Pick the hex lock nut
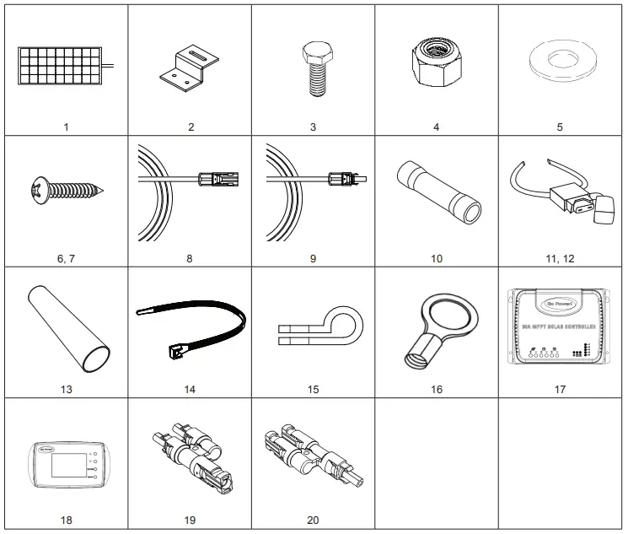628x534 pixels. (x=435, y=64)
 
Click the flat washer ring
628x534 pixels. (x=560, y=63)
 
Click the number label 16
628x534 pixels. (x=437, y=390)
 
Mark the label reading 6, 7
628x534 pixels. (x=66, y=258)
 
